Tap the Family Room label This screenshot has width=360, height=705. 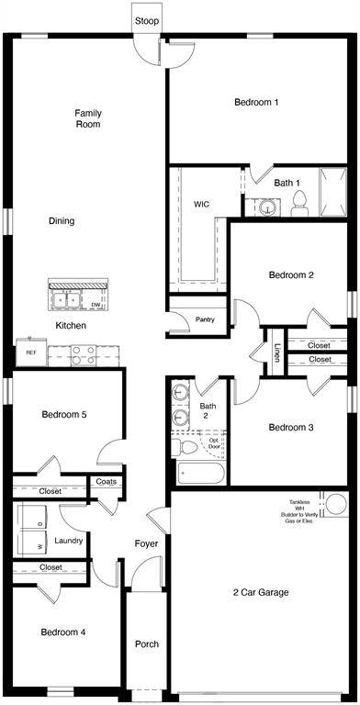pos(88,118)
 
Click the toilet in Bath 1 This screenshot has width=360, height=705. pos(299,205)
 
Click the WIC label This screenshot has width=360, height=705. pos(203,204)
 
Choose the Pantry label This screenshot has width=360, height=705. pos(205,319)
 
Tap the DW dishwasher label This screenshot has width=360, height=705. pos(96,304)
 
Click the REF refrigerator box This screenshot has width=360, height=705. pos(30,352)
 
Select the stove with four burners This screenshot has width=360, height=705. pos(84,353)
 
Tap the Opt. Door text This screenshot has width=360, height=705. pos(214,443)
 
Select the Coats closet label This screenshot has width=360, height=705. pos(105,481)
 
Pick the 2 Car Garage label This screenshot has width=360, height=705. pos(260,592)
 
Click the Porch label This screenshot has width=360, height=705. pos(147,643)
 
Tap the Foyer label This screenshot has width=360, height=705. pos(146,543)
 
